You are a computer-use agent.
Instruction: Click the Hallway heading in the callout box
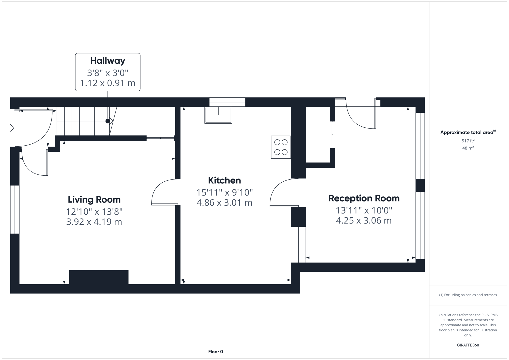(x=108, y=61)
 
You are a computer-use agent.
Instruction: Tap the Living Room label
(x=94, y=200)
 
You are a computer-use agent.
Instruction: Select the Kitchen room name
(x=224, y=180)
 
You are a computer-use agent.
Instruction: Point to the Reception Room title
(x=364, y=198)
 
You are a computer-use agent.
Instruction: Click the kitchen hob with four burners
(x=281, y=147)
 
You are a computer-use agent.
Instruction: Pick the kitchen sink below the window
(x=218, y=115)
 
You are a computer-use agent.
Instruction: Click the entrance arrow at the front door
(x=10, y=128)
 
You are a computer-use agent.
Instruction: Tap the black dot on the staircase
(x=108, y=121)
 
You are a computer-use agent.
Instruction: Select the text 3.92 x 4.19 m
(x=94, y=222)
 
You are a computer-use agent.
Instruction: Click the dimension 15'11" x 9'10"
(x=224, y=192)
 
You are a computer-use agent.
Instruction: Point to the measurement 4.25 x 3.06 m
(x=364, y=220)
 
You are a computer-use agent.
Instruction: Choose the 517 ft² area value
(x=468, y=141)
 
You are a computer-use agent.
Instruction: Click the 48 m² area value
(x=468, y=148)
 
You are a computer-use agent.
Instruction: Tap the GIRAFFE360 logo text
(x=468, y=345)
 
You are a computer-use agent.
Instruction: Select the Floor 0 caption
(x=215, y=352)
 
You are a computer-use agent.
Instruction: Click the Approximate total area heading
(x=468, y=132)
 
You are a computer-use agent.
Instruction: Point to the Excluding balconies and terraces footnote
(x=468, y=295)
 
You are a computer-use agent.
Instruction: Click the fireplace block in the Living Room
(x=99, y=277)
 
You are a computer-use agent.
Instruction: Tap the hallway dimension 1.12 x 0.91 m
(x=108, y=83)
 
